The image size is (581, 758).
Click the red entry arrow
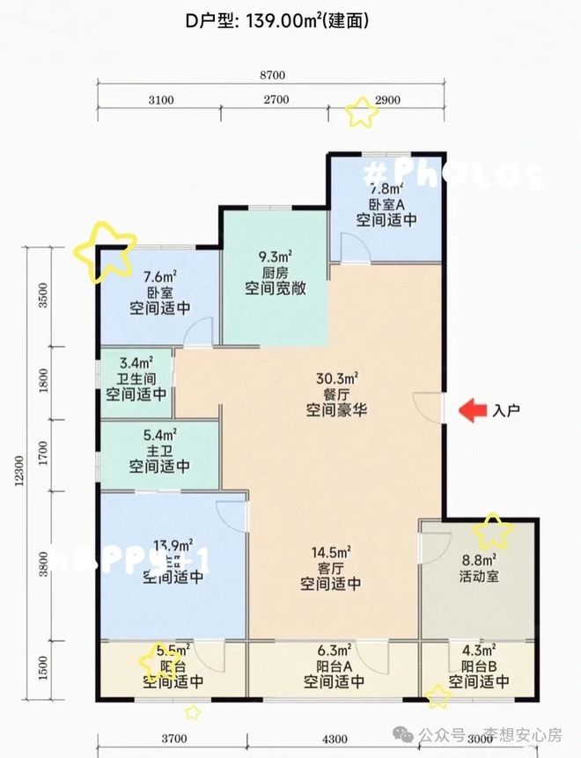tap(473, 409)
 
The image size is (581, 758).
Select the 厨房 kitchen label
tap(275, 272)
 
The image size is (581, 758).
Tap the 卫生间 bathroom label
tap(136, 378)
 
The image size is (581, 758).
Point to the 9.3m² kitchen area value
tap(275, 257)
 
